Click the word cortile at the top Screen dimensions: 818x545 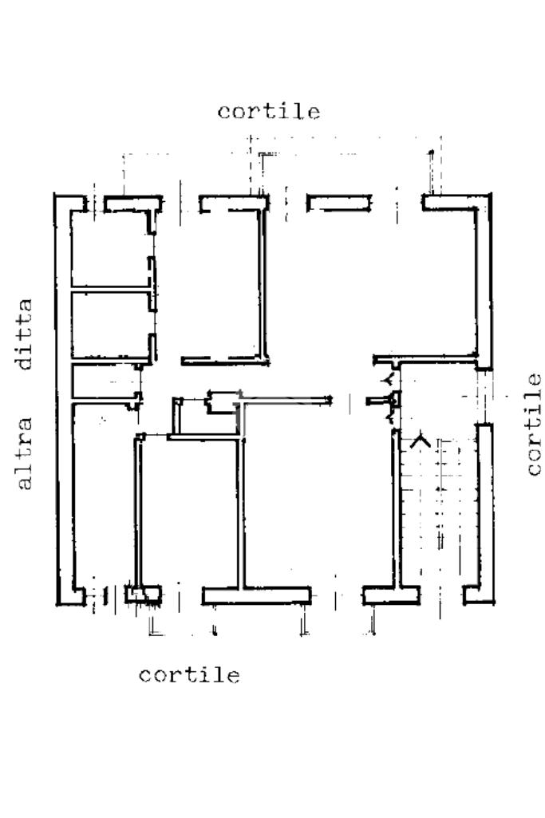(x=269, y=111)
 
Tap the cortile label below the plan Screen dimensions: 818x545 (x=189, y=675)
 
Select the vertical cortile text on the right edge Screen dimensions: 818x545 (x=534, y=424)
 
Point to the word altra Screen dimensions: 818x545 (x=25, y=452)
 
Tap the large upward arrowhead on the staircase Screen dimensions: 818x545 (x=420, y=440)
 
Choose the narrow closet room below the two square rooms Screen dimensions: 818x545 (x=104, y=381)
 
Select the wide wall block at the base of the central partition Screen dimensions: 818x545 (x=256, y=595)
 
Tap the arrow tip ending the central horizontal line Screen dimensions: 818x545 (x=329, y=398)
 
